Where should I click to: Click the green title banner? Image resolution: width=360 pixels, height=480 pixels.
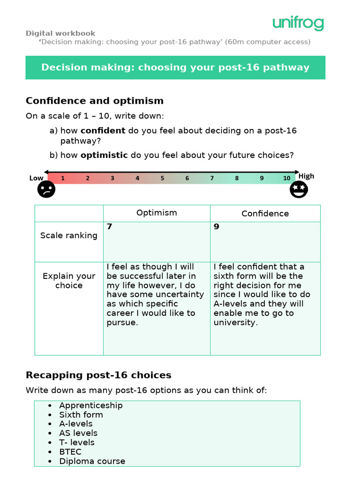pos(175,67)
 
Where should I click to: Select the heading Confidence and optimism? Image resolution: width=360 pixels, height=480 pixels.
pos(95,101)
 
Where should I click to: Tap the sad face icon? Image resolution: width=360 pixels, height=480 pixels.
pos(46,189)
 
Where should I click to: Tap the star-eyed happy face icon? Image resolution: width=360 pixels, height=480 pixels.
pos(298,189)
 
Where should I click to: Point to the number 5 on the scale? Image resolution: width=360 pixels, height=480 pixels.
pos(162,178)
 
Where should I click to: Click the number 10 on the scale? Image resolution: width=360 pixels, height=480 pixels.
pos(286,178)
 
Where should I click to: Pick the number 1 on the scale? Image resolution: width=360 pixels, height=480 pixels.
pos(63,178)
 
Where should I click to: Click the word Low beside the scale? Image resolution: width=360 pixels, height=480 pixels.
pos(36,178)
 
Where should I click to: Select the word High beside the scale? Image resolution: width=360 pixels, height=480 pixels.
pos(307,176)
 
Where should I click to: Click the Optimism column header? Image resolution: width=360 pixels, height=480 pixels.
pos(157,213)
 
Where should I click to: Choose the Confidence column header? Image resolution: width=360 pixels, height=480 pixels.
pos(265,214)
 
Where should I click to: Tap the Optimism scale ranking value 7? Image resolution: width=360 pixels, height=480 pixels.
pos(109,227)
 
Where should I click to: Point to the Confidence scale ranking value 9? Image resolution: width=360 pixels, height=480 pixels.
pos(217,227)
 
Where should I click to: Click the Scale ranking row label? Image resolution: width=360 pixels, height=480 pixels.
pos(69,235)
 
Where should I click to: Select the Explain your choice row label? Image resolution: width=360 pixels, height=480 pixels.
pos(69,281)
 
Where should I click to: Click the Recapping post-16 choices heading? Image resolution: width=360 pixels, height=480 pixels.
pos(98,375)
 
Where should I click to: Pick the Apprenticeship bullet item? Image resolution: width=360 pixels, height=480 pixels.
pos(91,405)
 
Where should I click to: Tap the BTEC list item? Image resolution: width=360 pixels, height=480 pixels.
pos(70,452)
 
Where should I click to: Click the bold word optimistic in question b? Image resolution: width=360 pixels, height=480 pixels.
pos(104,155)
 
